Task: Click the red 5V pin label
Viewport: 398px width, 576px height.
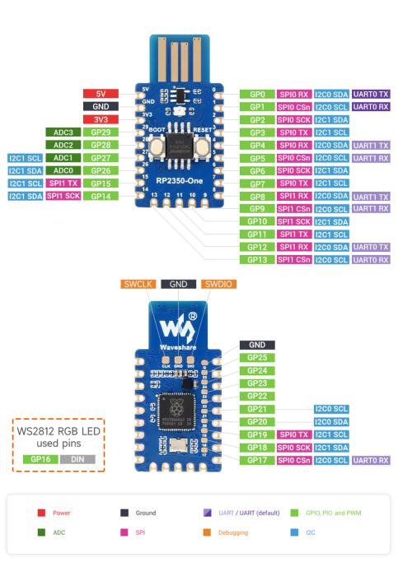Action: pyautogui.click(x=101, y=94)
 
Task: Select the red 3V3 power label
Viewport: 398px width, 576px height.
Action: pyautogui.click(x=101, y=119)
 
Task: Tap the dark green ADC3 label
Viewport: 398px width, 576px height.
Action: pyautogui.click(x=63, y=132)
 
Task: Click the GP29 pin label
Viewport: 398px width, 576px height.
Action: pyautogui.click(x=101, y=132)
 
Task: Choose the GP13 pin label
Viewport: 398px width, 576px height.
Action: pyautogui.click(x=256, y=260)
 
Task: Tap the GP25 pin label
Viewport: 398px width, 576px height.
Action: pyautogui.click(x=256, y=358)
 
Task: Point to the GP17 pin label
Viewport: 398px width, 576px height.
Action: pyautogui.click(x=256, y=460)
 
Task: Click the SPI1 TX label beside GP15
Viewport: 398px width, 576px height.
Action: pyautogui.click(x=63, y=183)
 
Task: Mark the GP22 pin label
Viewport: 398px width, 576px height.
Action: pyautogui.click(x=256, y=396)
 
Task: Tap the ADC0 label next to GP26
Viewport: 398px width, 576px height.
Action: pyautogui.click(x=63, y=170)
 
